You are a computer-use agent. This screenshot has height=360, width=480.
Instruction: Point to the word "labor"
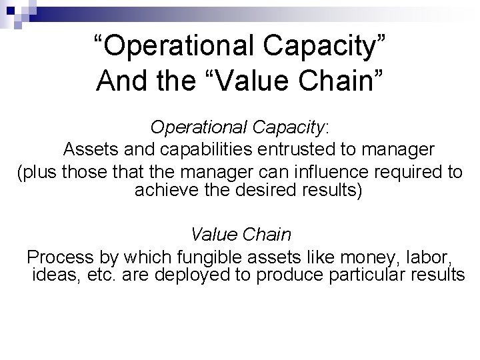click(431, 257)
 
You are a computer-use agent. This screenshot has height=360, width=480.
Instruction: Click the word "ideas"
click(55, 275)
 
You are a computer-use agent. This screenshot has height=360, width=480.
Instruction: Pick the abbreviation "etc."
click(101, 275)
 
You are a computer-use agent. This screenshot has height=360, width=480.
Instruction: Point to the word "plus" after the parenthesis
click(39, 172)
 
